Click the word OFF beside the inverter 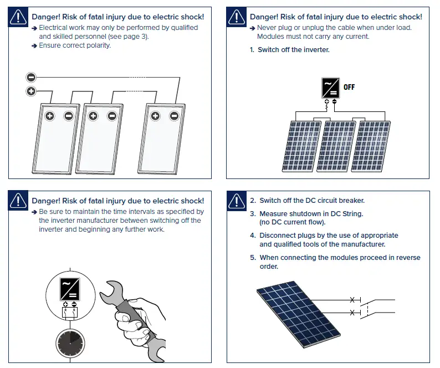pyautogui.click(x=349, y=88)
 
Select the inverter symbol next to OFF pyautogui.click(x=330, y=88)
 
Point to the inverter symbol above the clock pyautogui.click(x=70, y=289)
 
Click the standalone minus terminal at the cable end pyautogui.click(x=31, y=78)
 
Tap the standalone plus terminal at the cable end pyautogui.click(x=31, y=91)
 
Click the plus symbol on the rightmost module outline pyautogui.click(x=156, y=116)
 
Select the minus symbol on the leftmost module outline pyautogui.click(x=69, y=116)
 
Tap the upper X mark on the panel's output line pyautogui.click(x=352, y=300)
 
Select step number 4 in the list pyautogui.click(x=253, y=236)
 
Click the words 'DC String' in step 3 pyautogui.click(x=344, y=214)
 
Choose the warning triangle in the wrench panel pyautogui.click(x=18, y=201)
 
